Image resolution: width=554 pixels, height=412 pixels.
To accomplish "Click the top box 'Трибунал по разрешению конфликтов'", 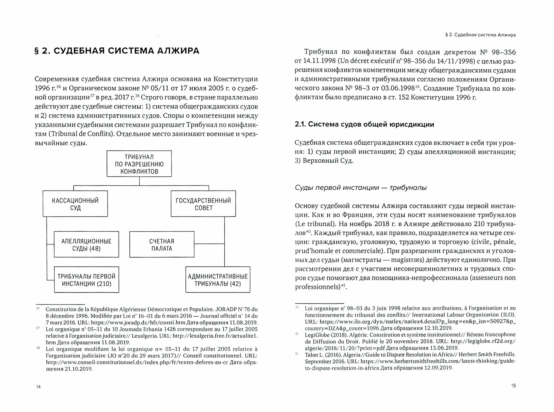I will click(139, 164).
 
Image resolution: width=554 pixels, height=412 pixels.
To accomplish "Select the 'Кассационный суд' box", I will click(75, 204).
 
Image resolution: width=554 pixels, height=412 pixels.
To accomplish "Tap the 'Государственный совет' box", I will click(203, 204).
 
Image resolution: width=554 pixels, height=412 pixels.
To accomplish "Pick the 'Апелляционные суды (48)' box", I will click(86, 244).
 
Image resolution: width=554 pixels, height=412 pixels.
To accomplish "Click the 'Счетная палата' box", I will click(162, 244).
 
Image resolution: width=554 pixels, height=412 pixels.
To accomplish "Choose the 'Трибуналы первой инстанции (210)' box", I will click(86, 280).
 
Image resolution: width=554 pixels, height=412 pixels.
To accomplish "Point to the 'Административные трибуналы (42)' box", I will click(218, 280).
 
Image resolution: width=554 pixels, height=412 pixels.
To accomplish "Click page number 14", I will click(39, 387).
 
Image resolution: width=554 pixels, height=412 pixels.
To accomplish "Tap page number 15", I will click(513, 386).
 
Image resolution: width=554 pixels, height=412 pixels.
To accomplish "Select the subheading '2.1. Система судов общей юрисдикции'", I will click(364, 124).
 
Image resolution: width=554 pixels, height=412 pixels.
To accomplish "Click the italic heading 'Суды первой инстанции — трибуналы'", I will click(361, 188).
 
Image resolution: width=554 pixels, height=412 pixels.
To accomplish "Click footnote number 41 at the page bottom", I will click(297, 353).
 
